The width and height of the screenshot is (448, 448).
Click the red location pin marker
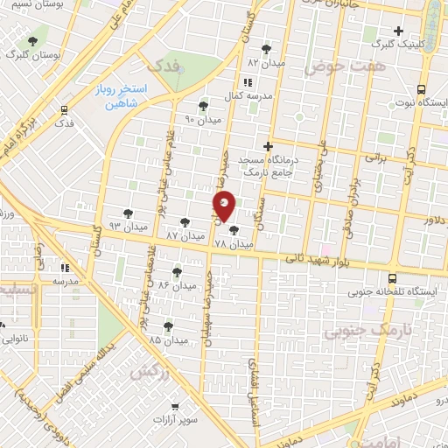[x=225, y=206]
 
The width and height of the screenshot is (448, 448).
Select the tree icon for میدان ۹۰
[x=203, y=107]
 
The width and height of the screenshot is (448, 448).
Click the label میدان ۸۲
[x=265, y=63]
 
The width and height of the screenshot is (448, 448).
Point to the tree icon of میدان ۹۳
[x=128, y=213]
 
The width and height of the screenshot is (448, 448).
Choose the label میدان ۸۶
[x=177, y=286]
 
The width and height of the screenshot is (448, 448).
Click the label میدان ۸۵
[x=168, y=339]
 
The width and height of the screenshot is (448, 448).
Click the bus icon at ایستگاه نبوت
[x=421, y=89]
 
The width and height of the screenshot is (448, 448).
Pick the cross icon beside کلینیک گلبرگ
[x=398, y=31]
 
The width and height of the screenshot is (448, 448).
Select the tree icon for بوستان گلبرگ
[x=33, y=40]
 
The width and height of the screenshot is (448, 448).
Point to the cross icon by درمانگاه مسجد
[x=269, y=146]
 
